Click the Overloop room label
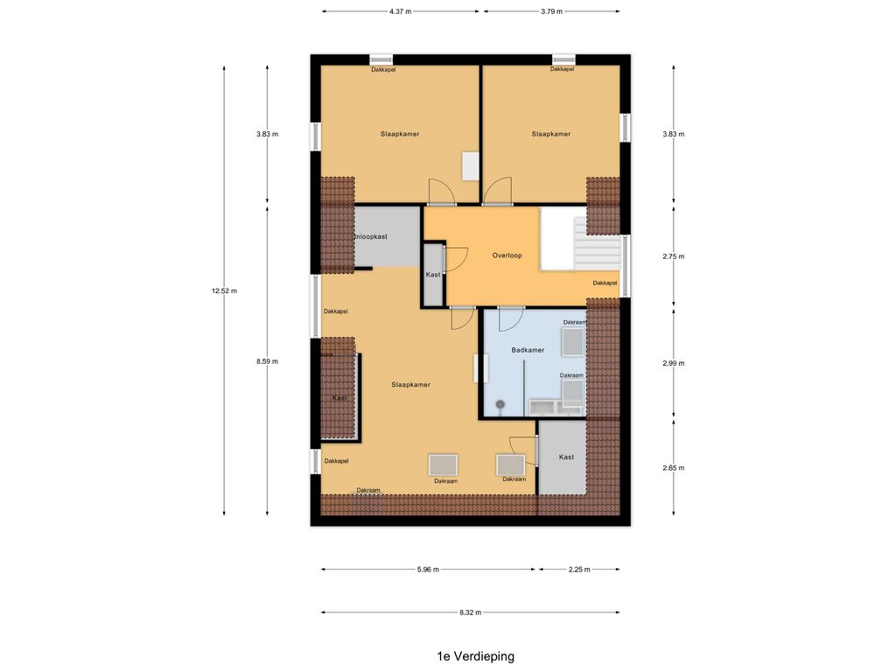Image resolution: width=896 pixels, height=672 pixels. tap(507, 255)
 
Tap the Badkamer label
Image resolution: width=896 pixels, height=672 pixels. tap(528, 350)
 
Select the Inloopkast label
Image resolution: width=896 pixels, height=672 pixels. tap(371, 236)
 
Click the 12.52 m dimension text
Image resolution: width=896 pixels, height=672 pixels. tap(224, 290)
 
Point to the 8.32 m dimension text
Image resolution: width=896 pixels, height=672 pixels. tap(470, 612)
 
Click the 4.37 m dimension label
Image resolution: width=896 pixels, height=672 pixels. tap(401, 11)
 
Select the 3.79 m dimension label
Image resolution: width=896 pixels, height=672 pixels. tap(551, 11)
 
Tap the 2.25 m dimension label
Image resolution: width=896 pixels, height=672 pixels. tap(579, 570)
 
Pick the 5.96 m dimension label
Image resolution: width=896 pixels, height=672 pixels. tap(428, 570)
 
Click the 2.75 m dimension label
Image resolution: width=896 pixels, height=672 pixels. tap(673, 256)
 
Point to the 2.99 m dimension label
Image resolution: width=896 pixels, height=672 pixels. tap(673, 363)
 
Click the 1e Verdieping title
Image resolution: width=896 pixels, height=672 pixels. tap(475, 656)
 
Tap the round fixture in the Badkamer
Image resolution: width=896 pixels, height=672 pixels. tap(500, 404)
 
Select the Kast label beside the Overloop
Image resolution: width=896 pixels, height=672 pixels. tap(433, 275)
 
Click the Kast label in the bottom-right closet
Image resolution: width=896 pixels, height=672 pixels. tap(566, 457)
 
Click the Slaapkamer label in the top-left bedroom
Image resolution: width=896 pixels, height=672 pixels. tap(400, 134)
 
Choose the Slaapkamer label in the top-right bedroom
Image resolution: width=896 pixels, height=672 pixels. tap(551, 134)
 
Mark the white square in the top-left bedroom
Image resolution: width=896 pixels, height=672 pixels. tap(470, 166)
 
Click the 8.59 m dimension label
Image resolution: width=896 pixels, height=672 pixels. tap(268, 361)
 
